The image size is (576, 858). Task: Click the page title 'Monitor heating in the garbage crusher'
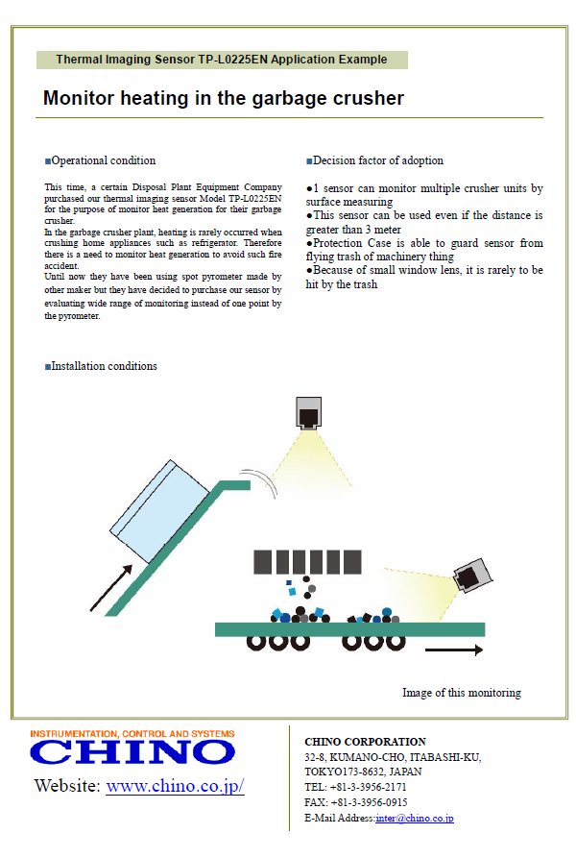coord(223,98)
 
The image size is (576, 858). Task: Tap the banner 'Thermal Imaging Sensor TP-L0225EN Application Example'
coord(222,60)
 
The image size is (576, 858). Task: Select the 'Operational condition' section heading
coord(101,160)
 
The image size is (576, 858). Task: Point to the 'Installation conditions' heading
coord(101,366)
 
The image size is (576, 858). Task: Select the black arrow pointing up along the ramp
coord(110,589)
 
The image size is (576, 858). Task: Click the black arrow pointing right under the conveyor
coord(453,650)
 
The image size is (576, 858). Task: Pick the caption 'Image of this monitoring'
coord(461,693)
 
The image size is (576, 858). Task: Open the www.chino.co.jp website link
coord(175,786)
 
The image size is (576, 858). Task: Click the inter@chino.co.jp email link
coord(415,819)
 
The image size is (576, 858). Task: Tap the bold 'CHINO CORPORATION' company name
coord(365,742)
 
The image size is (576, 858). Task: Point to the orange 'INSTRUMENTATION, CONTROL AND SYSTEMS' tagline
coord(132,733)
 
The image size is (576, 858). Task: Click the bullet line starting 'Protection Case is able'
coord(424,251)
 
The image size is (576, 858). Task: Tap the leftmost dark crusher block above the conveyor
coord(261,561)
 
